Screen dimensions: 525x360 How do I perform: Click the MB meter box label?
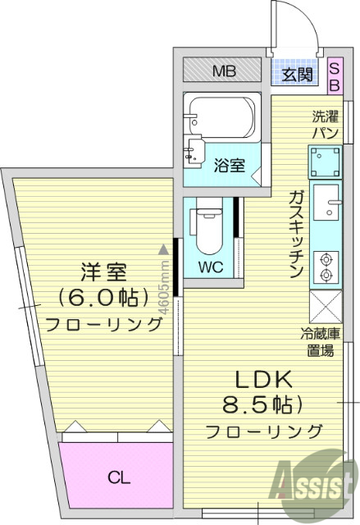click(x=224, y=71)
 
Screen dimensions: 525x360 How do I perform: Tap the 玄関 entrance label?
click(x=298, y=75)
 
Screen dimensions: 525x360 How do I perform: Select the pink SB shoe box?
click(x=335, y=75)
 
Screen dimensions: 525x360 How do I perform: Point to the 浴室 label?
click(x=229, y=165)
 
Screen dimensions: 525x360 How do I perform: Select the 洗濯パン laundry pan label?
click(x=320, y=124)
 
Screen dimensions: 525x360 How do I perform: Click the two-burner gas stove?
click(x=326, y=262)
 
